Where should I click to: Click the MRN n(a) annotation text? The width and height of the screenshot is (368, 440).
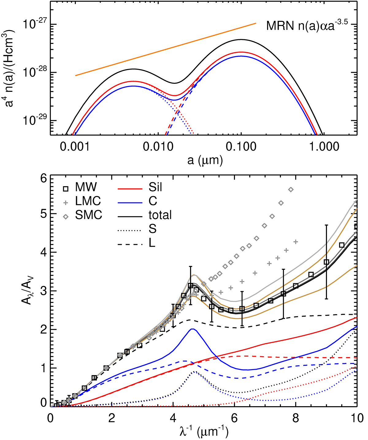point(307,26)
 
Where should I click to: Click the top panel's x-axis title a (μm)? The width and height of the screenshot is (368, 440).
point(205,160)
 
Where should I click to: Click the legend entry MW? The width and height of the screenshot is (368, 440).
point(86,187)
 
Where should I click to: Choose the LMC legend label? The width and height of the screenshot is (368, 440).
point(88,201)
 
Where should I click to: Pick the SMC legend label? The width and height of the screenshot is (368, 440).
point(88,215)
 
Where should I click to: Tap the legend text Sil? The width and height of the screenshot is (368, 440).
point(155,187)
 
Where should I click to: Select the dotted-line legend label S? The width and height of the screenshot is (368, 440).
point(152,229)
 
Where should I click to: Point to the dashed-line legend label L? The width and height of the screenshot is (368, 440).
point(152,243)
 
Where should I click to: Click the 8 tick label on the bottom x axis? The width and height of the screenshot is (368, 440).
point(296,418)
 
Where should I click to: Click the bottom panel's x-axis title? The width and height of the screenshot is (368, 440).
point(204,431)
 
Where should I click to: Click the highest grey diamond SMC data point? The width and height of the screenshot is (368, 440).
point(291,190)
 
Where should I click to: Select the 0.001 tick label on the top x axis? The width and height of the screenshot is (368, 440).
point(75,147)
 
